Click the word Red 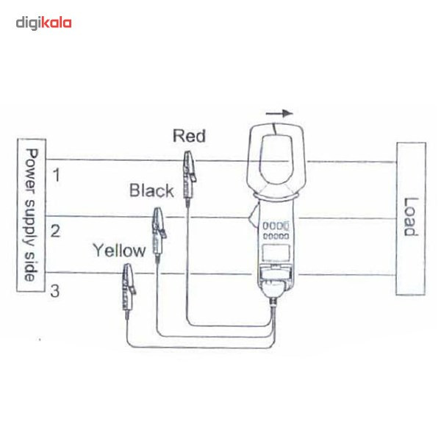tap(189, 136)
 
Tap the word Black tap(151, 191)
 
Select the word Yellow tap(119, 250)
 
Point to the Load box tap(409, 218)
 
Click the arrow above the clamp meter tap(279, 114)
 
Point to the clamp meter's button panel tap(276, 232)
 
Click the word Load tap(409, 217)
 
